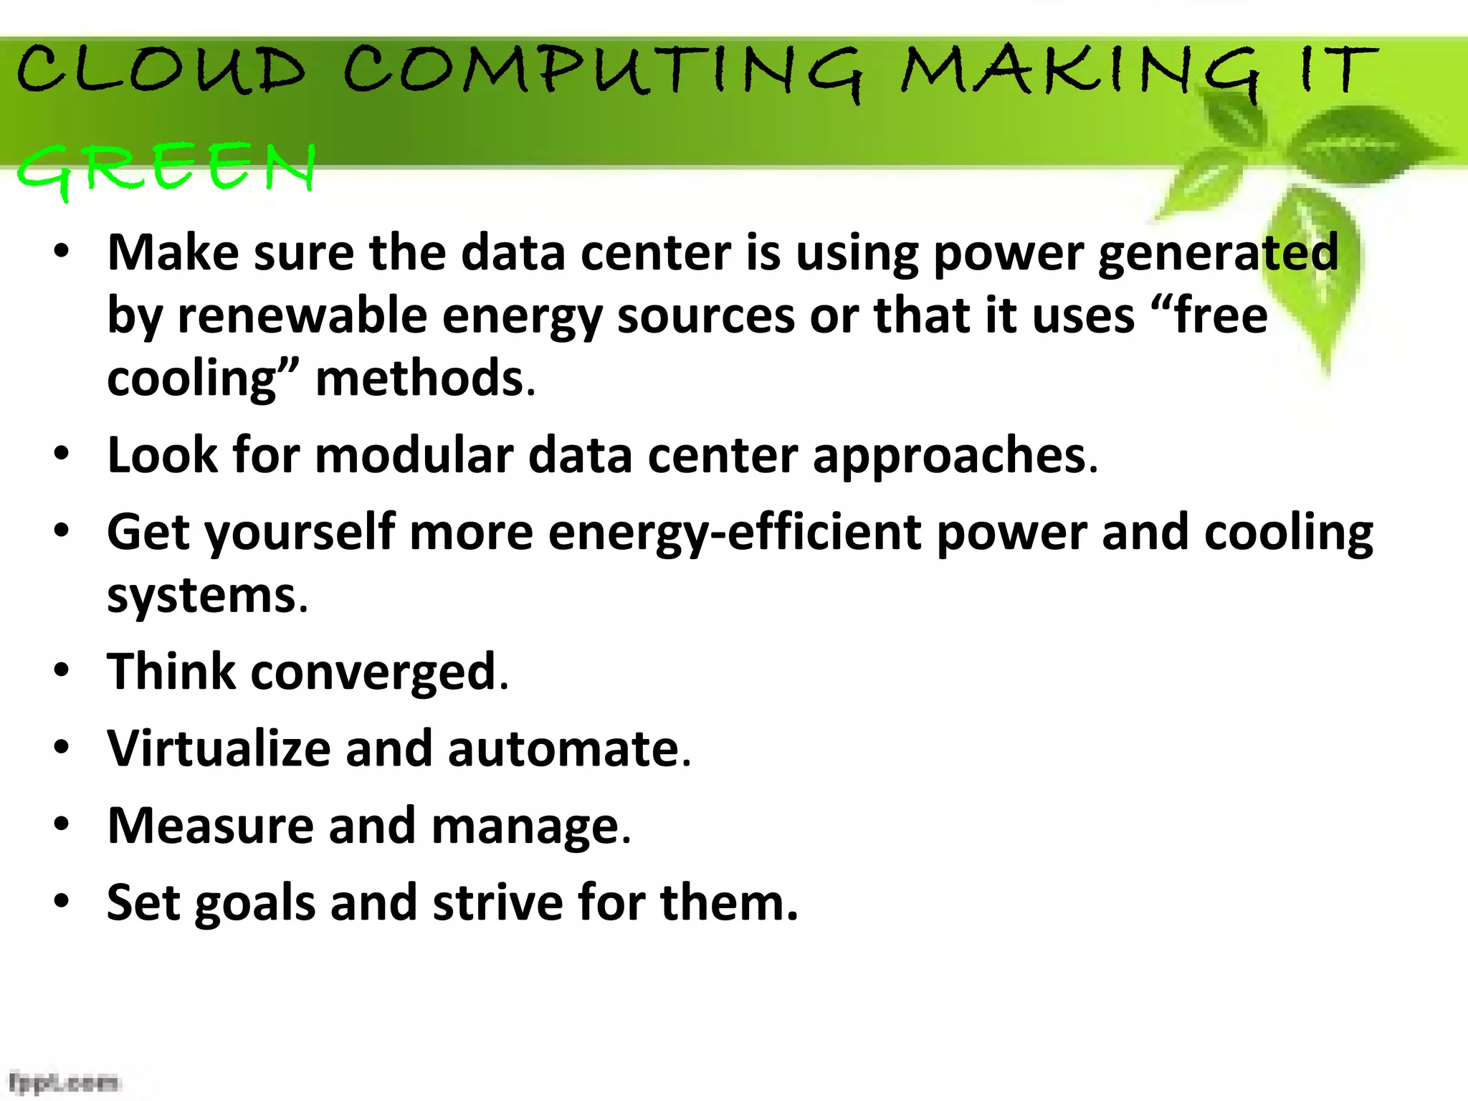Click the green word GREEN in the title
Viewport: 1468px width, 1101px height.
pyautogui.click(x=166, y=168)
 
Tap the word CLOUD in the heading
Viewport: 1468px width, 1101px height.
pyautogui.click(x=161, y=70)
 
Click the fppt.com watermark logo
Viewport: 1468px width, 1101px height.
pyautogui.click(x=65, y=1081)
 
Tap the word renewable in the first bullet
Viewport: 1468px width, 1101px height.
pyautogui.click(x=302, y=315)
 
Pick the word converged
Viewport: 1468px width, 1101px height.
pyautogui.click(x=373, y=672)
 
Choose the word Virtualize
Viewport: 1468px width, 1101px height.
pyautogui.click(x=218, y=748)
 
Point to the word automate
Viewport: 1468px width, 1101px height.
pyautogui.click(x=563, y=748)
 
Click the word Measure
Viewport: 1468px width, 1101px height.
pyautogui.click(x=210, y=826)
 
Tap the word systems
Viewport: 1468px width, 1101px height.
pyautogui.click(x=201, y=596)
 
